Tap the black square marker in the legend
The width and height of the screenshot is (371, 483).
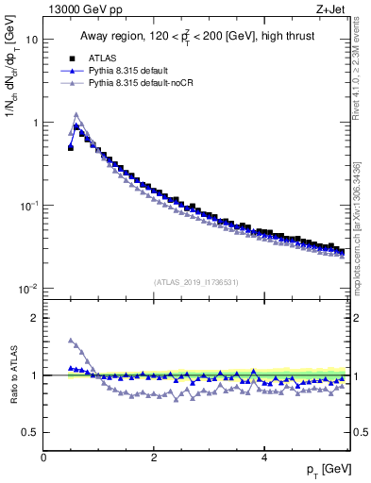pyautogui.click(x=71, y=58)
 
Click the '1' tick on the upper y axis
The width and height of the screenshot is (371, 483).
pyautogui.click(x=35, y=123)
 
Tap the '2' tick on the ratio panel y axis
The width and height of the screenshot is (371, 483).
pyautogui.click(x=35, y=318)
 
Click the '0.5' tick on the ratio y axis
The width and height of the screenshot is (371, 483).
pyautogui.click(x=30, y=432)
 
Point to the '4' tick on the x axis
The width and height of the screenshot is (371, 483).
pyautogui.click(x=263, y=457)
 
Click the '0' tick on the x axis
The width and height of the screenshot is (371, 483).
pyautogui.click(x=44, y=457)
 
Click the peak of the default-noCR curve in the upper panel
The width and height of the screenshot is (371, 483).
pyautogui.click(x=76, y=115)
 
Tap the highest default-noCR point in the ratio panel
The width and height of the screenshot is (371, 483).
pyautogui.click(x=71, y=341)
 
